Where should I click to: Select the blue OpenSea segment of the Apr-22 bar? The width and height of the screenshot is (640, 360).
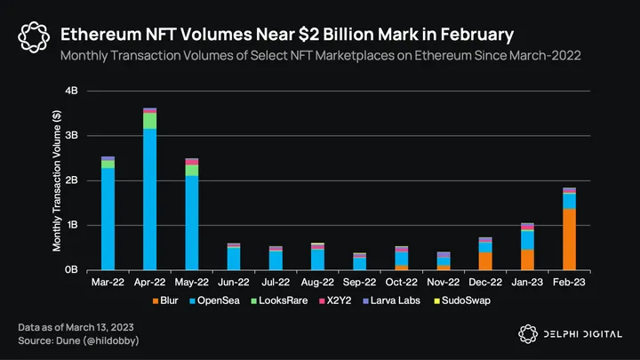click(x=150, y=199)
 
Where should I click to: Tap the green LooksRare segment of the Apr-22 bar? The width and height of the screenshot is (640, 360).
click(x=150, y=121)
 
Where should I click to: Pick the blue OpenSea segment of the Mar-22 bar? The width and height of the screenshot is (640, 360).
click(x=108, y=219)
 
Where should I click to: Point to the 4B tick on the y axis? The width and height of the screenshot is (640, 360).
click(x=73, y=91)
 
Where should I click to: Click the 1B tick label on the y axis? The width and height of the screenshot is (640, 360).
click(x=73, y=225)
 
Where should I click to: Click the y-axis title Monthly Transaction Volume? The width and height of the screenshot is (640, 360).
click(x=57, y=180)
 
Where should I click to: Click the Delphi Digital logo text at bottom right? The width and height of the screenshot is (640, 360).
click(x=583, y=333)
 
